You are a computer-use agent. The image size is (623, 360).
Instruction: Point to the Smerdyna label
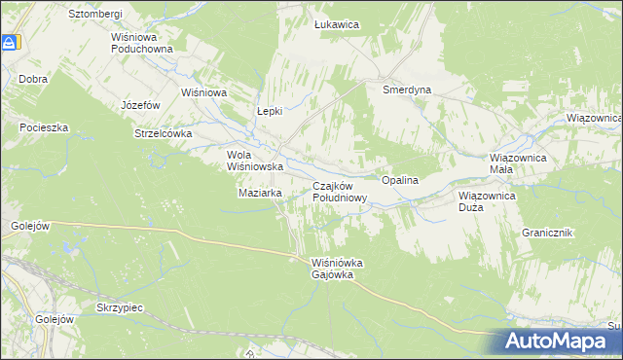(x=407, y=90)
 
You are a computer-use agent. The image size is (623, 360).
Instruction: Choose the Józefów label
(x=139, y=104)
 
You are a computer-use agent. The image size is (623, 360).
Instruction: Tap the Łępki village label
(x=269, y=111)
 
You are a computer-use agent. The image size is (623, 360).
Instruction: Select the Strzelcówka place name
(x=164, y=133)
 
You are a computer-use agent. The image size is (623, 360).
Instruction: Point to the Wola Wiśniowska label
(x=254, y=161)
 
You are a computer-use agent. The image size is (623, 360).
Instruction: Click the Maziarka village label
(x=260, y=193)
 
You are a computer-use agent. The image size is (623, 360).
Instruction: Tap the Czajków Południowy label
(x=340, y=192)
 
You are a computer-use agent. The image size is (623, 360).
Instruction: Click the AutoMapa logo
(x=560, y=342)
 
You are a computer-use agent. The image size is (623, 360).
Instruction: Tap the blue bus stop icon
(x=11, y=43)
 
